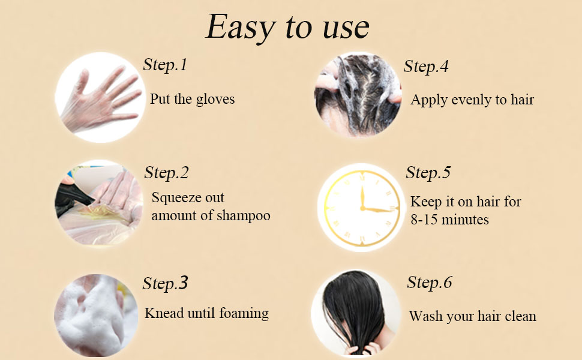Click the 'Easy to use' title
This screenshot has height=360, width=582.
(287, 27)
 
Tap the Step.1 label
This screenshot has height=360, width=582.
(165, 65)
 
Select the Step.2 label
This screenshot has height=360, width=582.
(166, 173)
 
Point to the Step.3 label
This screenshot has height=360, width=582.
(165, 283)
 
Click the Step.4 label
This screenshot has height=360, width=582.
(426, 67)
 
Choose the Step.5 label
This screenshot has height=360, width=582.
(428, 173)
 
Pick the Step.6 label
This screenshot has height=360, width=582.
(429, 283)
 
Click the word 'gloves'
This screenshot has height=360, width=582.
(214, 99)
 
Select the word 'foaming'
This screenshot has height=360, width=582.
(242, 313)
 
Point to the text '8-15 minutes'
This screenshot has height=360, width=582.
(449, 220)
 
